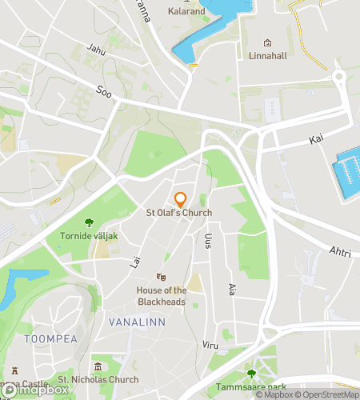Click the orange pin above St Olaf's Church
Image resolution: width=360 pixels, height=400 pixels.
(180, 199)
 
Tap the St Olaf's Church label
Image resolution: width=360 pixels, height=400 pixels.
(178, 213)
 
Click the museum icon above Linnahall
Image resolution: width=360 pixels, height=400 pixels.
(268, 43)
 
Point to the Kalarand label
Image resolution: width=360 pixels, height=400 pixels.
(186, 12)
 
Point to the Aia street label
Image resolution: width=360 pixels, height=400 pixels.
(232, 290)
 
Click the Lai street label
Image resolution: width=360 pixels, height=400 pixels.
(134, 261)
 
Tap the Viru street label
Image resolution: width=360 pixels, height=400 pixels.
(210, 344)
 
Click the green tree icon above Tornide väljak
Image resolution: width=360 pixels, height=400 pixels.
(88, 222)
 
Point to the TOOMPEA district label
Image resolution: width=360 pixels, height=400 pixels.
(50, 339)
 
